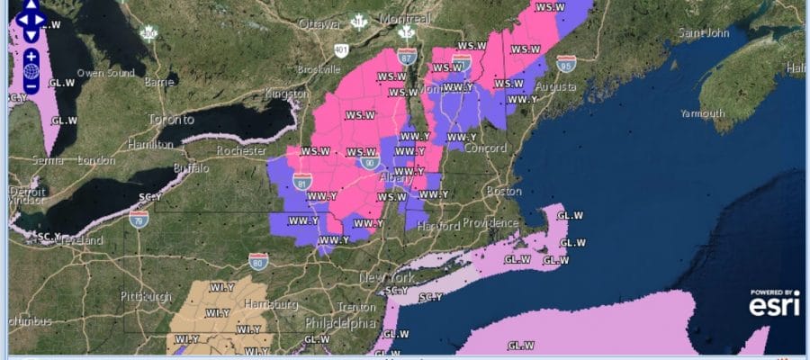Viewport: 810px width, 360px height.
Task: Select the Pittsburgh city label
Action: [x=147, y=296]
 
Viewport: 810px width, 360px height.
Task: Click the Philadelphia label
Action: [x=340, y=322]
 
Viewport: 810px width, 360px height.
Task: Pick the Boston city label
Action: [x=503, y=191]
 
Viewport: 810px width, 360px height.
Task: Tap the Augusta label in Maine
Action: [x=556, y=86]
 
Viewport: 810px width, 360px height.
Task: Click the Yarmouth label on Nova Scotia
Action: [x=703, y=114]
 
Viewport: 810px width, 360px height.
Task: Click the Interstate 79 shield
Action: [x=139, y=219]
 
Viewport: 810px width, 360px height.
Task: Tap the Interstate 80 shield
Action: [x=257, y=263]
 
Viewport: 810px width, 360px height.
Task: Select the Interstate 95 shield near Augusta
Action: [x=566, y=63]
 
